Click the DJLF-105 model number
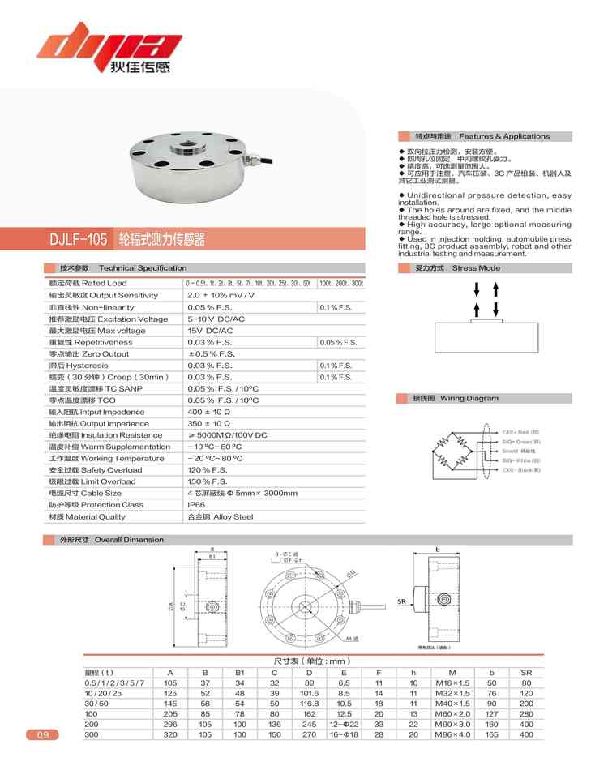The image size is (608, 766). [x=79, y=240]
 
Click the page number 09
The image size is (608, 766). [x=42, y=735]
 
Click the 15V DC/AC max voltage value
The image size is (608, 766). [x=210, y=331]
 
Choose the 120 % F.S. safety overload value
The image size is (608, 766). [x=207, y=470]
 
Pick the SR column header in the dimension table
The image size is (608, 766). [x=526, y=673]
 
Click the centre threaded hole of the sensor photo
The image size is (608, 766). [x=187, y=150]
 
